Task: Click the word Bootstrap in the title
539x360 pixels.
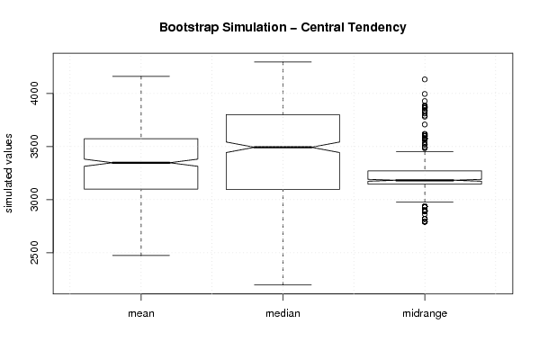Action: tap(189, 28)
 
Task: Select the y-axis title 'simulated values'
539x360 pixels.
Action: tap(8, 174)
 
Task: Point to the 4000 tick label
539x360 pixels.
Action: tap(34, 94)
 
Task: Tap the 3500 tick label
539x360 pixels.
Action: tap(34, 147)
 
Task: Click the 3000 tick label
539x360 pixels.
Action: tap(34, 200)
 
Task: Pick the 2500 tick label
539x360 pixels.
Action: tap(34, 252)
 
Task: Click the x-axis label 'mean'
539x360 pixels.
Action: tap(141, 313)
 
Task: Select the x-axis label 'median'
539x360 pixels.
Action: tap(283, 313)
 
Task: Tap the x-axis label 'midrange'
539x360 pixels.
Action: tap(425, 313)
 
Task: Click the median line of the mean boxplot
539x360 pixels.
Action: tap(141, 163)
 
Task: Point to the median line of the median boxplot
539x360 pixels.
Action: tap(283, 148)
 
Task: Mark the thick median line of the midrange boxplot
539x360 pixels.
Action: tap(425, 180)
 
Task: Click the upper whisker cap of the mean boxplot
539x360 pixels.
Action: tap(141, 76)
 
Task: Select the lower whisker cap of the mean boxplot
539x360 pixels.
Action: tap(141, 255)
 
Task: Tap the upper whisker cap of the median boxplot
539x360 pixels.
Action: tap(283, 62)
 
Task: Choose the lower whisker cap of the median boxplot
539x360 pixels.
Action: tap(283, 284)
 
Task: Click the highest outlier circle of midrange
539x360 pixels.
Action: tap(425, 79)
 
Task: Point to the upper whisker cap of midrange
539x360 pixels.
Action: tap(425, 151)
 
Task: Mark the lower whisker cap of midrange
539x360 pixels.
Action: tap(425, 202)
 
